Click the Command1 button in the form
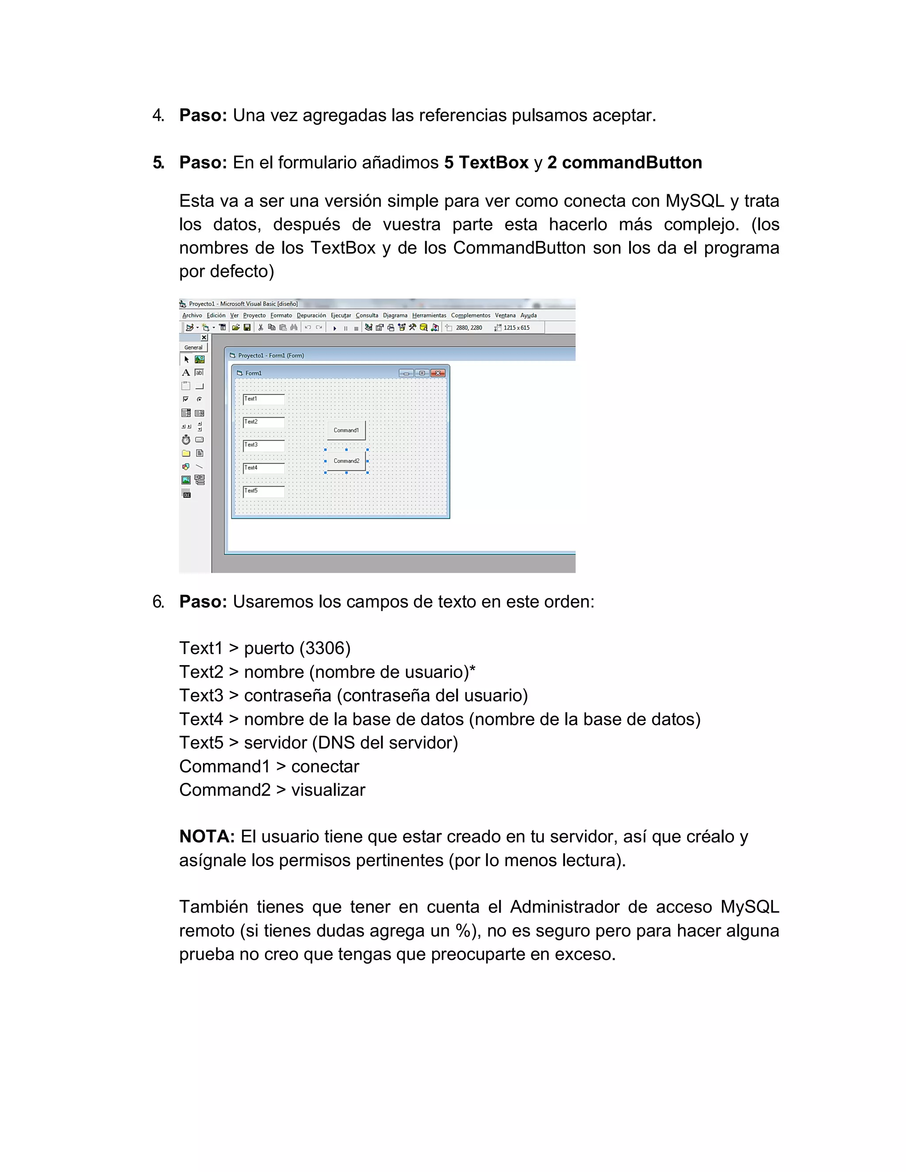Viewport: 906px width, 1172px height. coord(346,430)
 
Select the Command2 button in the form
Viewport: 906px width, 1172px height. coord(346,461)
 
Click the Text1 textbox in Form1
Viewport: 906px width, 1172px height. coord(264,399)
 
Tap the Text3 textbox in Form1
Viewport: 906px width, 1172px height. coord(264,445)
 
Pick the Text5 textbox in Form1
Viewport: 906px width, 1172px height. coord(264,491)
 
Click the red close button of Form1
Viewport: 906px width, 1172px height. coord(438,373)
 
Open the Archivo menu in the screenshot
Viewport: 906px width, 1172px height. coord(192,315)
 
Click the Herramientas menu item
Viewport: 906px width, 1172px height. coord(429,315)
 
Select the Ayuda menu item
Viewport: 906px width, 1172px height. coord(528,315)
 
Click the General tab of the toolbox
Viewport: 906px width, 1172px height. coord(193,347)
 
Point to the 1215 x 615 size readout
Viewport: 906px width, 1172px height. coord(516,328)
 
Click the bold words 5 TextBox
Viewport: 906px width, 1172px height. coord(486,163)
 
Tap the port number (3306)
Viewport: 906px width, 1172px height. coord(325,648)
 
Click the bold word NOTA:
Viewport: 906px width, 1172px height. coord(207,837)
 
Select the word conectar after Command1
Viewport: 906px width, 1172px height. coord(325,766)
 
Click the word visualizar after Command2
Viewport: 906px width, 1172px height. coord(328,790)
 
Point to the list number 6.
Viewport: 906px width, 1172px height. coord(158,601)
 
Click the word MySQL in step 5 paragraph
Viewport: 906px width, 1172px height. coord(695,201)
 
